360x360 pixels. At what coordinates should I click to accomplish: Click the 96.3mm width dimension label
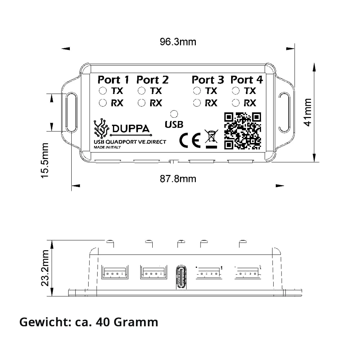pos(178,42)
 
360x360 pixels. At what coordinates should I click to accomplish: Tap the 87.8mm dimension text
pos(178,179)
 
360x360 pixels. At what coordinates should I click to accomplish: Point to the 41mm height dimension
pos(308,112)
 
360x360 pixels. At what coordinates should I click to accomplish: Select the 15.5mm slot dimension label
pos(45,160)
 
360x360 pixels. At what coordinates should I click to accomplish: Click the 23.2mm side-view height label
pos(45,268)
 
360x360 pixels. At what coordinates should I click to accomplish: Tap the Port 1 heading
pos(113,80)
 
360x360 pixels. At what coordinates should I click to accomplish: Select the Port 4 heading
pos(247,80)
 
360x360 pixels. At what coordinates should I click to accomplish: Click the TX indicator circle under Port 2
pos(141,91)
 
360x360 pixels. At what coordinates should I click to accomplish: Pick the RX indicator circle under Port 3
pos(197,103)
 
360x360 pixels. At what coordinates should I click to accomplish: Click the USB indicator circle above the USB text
pos(174,114)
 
